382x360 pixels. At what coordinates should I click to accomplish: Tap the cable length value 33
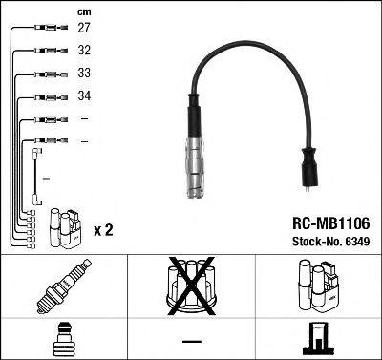click(84, 74)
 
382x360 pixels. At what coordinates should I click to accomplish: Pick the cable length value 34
click(84, 96)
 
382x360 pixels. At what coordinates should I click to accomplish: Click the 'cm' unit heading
click(83, 11)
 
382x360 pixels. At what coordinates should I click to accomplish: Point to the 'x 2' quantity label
click(106, 231)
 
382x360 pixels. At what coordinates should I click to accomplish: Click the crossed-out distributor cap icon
click(190, 287)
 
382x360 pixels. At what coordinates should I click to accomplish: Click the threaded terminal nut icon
click(63, 337)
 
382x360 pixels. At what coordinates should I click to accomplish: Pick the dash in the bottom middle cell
click(190, 339)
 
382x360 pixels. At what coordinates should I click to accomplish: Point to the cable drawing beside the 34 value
click(43, 96)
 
